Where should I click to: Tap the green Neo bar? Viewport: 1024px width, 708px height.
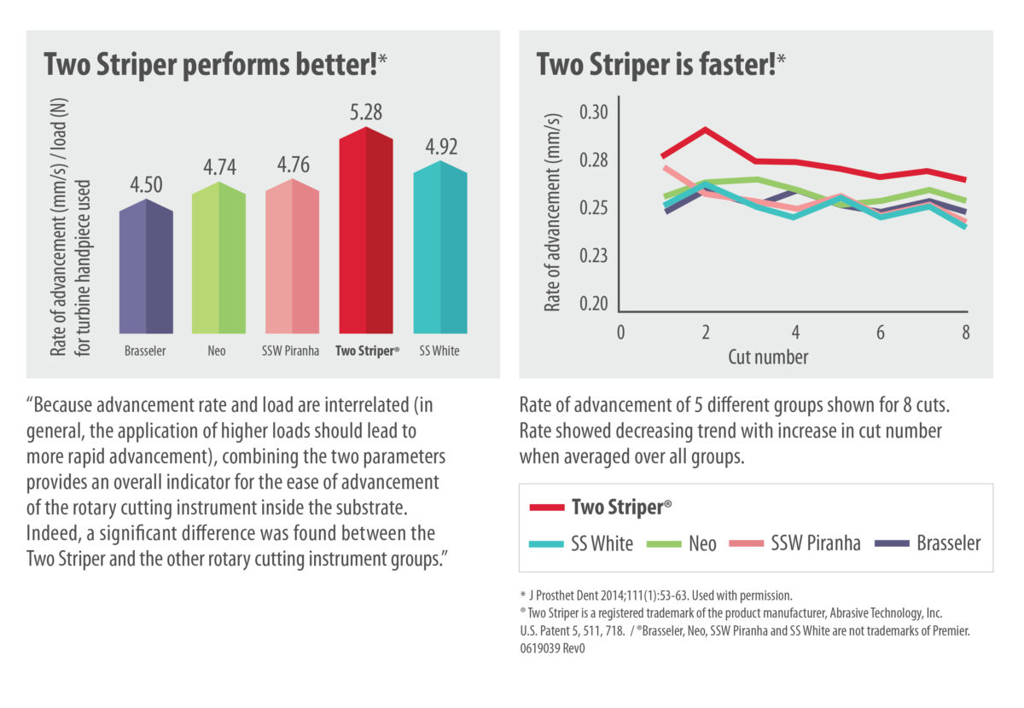click(x=218, y=259)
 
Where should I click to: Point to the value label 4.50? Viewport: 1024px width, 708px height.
click(x=146, y=185)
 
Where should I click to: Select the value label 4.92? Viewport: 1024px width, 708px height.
click(x=439, y=147)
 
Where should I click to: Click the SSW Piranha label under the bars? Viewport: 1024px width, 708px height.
click(x=292, y=351)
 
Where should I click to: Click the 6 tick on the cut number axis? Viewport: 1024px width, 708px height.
click(x=879, y=333)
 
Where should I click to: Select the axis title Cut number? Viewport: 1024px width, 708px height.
click(x=768, y=357)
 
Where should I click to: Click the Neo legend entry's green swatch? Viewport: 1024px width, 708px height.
click(x=662, y=543)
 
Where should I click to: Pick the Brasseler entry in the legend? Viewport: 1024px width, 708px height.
click(x=947, y=543)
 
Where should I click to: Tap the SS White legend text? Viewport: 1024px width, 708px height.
click(x=602, y=543)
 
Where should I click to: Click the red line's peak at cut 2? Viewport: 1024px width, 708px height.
click(x=706, y=130)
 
